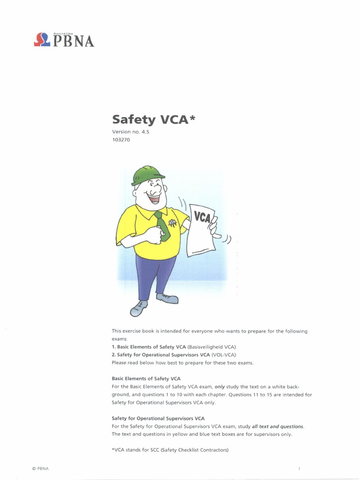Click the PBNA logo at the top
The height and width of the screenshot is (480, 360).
point(64,39)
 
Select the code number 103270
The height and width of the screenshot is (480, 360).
point(120,139)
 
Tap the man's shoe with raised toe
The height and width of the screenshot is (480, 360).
point(139,307)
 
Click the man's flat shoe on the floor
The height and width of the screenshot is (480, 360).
point(168,298)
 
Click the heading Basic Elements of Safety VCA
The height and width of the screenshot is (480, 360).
point(146,378)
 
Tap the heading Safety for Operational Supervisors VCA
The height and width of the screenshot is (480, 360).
point(158,418)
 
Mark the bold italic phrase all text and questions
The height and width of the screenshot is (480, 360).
point(277,426)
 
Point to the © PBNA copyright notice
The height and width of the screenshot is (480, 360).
point(40,469)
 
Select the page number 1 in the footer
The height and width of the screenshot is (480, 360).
point(299,469)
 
